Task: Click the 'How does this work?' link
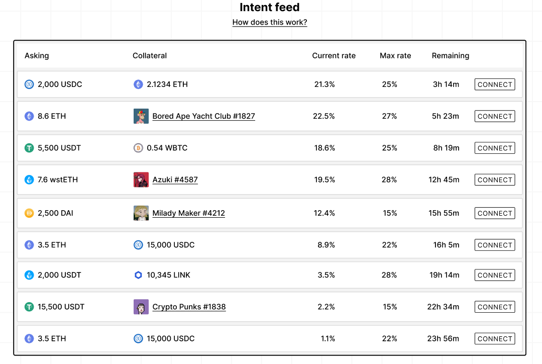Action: [270, 22]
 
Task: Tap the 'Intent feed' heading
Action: [270, 8]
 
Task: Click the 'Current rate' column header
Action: [334, 56]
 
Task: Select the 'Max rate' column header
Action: [395, 56]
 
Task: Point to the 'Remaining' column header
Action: [450, 56]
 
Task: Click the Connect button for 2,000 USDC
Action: [494, 84]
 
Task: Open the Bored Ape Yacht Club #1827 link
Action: [203, 116]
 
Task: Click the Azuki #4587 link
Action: [175, 179]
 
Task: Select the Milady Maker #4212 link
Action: [188, 213]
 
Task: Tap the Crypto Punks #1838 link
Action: [189, 307]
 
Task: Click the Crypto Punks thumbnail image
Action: [141, 307]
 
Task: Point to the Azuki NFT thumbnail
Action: [141, 179]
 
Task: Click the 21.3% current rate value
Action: [324, 84]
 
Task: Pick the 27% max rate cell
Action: [389, 116]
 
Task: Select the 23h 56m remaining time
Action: [443, 338]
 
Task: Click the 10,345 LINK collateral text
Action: [168, 275]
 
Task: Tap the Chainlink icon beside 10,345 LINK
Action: [138, 275]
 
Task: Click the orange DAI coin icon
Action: [29, 213]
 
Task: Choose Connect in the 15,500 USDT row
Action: [494, 307]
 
